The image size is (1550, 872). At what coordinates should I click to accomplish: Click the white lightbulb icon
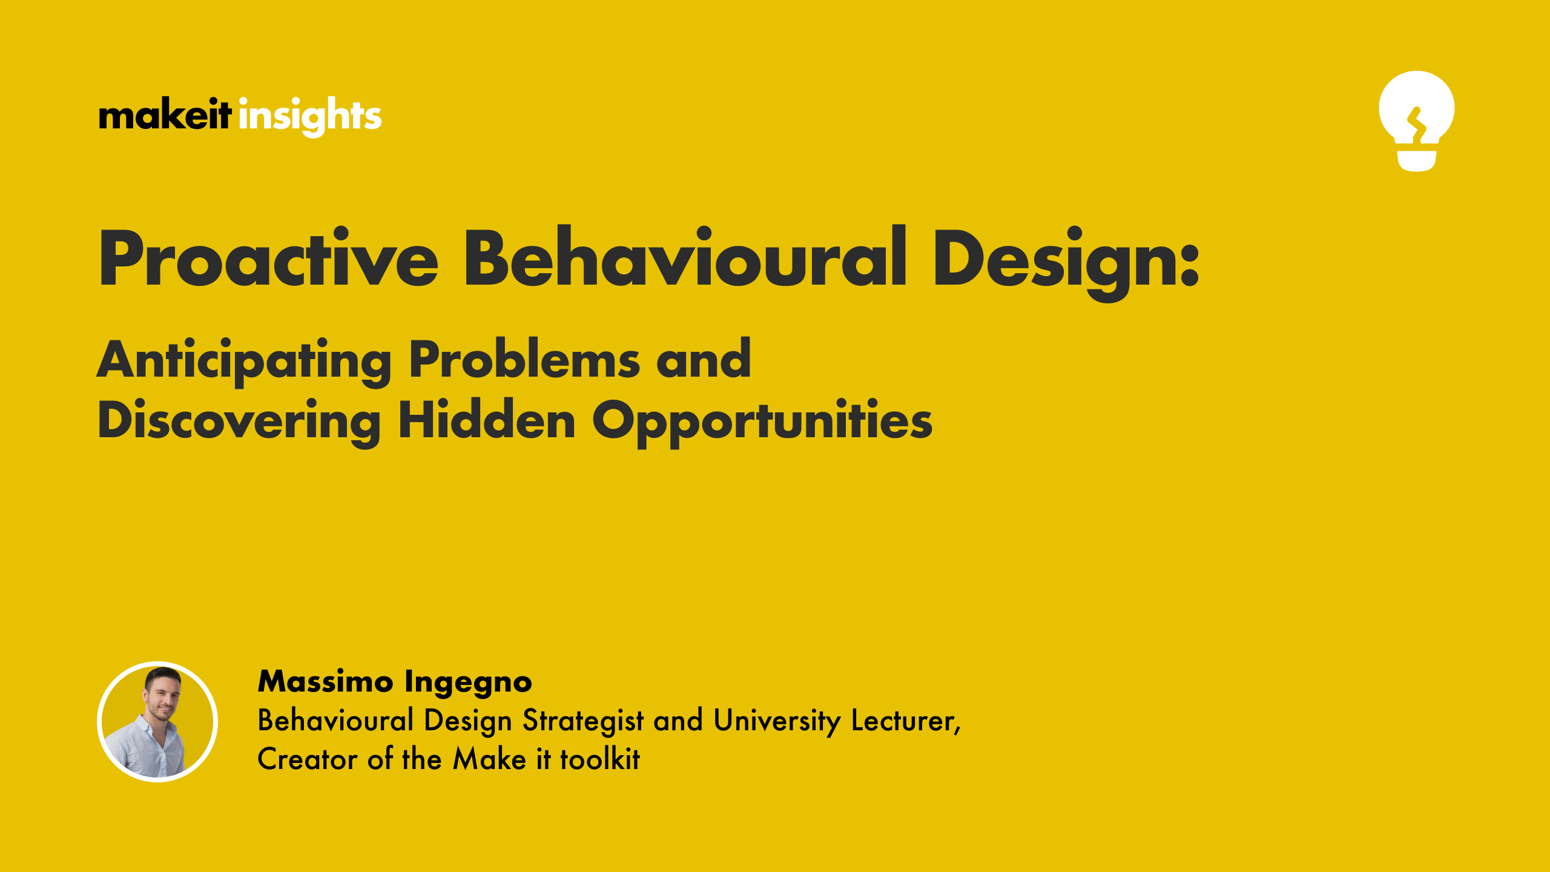point(1416,121)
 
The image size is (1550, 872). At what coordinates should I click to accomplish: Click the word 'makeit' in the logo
point(165,114)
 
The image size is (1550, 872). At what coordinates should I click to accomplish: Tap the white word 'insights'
point(310,116)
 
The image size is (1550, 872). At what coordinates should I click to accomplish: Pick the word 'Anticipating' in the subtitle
point(244,361)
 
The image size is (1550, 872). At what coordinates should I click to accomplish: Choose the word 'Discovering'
point(239,421)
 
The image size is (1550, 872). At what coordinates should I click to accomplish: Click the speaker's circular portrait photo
point(157,721)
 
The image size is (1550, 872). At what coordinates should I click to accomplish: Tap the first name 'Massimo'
point(326,681)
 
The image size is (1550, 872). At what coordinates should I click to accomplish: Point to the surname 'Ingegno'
point(468,682)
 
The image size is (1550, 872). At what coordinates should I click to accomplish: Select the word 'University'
point(777,721)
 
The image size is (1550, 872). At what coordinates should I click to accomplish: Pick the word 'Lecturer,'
point(906,721)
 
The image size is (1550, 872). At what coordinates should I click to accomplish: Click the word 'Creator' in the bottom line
point(308,759)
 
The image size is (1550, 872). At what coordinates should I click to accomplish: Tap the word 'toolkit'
point(599,759)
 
